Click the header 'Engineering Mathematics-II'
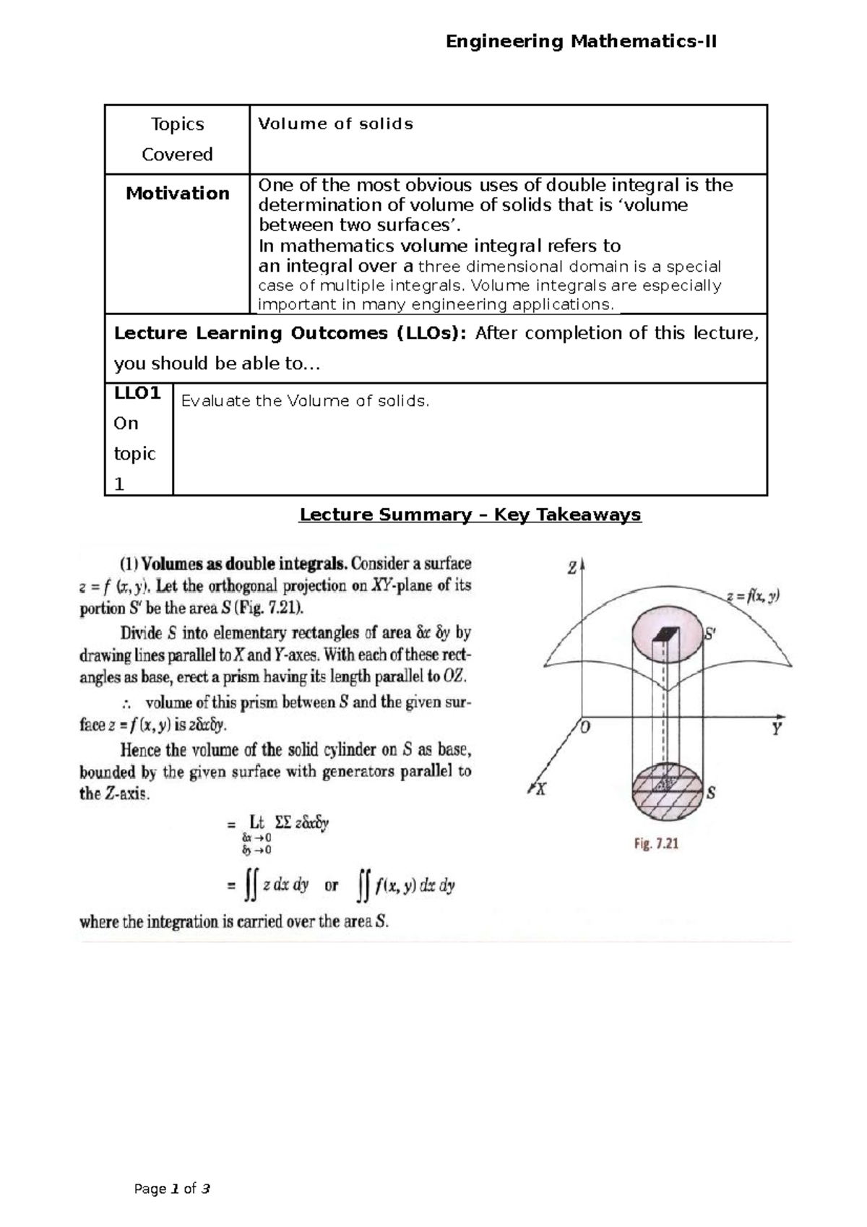coord(581,41)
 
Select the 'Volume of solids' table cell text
coord(335,124)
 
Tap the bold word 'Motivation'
coord(177,193)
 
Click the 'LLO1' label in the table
coord(137,393)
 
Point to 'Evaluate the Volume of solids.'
coord(305,401)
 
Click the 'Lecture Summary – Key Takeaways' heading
coord(470,515)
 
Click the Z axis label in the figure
coord(571,568)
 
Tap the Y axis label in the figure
coord(777,728)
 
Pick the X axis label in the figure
coord(540,790)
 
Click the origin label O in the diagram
coord(585,728)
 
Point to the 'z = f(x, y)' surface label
coord(752,597)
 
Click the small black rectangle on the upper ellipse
coord(666,634)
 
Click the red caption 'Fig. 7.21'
coord(656,843)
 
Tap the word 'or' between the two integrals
coord(331,885)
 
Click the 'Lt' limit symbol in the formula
coord(257,822)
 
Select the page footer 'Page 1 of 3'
coord(172,1189)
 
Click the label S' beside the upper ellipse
coord(710,634)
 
